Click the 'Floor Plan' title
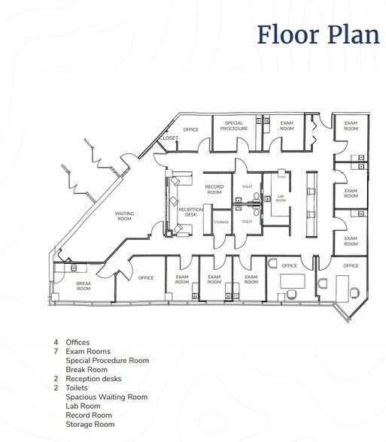[x=318, y=35]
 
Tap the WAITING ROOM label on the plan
[x=124, y=216]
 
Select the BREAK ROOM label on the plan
[x=84, y=286]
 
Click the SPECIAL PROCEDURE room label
[x=233, y=126]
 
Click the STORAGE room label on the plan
[x=221, y=222]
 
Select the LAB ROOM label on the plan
[x=280, y=199]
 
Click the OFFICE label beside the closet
[x=191, y=129]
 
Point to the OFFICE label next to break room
[x=146, y=277]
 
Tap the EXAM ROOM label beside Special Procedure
[x=287, y=126]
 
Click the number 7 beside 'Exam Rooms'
[x=56, y=351]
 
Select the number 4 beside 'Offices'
[x=56, y=342]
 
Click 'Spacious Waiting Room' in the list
[x=106, y=396]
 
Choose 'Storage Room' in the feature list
[x=90, y=423]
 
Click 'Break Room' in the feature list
[x=87, y=369]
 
